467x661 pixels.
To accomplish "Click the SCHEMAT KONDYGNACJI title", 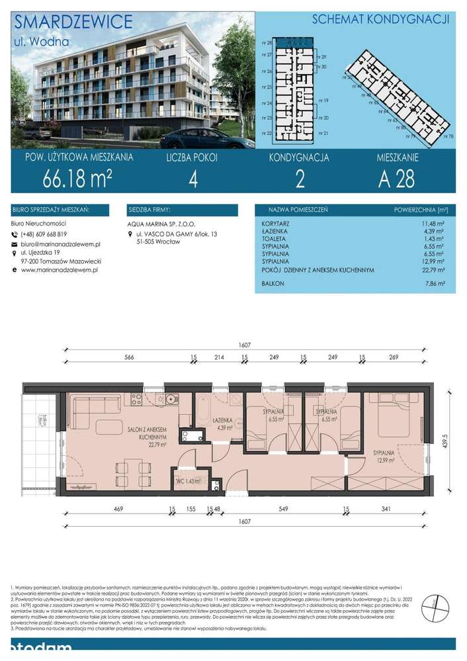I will point(380,19).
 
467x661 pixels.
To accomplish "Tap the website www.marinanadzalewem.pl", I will point(60,270).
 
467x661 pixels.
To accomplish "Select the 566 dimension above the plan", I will point(129,358).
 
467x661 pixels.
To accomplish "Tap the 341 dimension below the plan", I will point(402,509).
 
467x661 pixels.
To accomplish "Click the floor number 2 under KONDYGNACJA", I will point(299,180).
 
